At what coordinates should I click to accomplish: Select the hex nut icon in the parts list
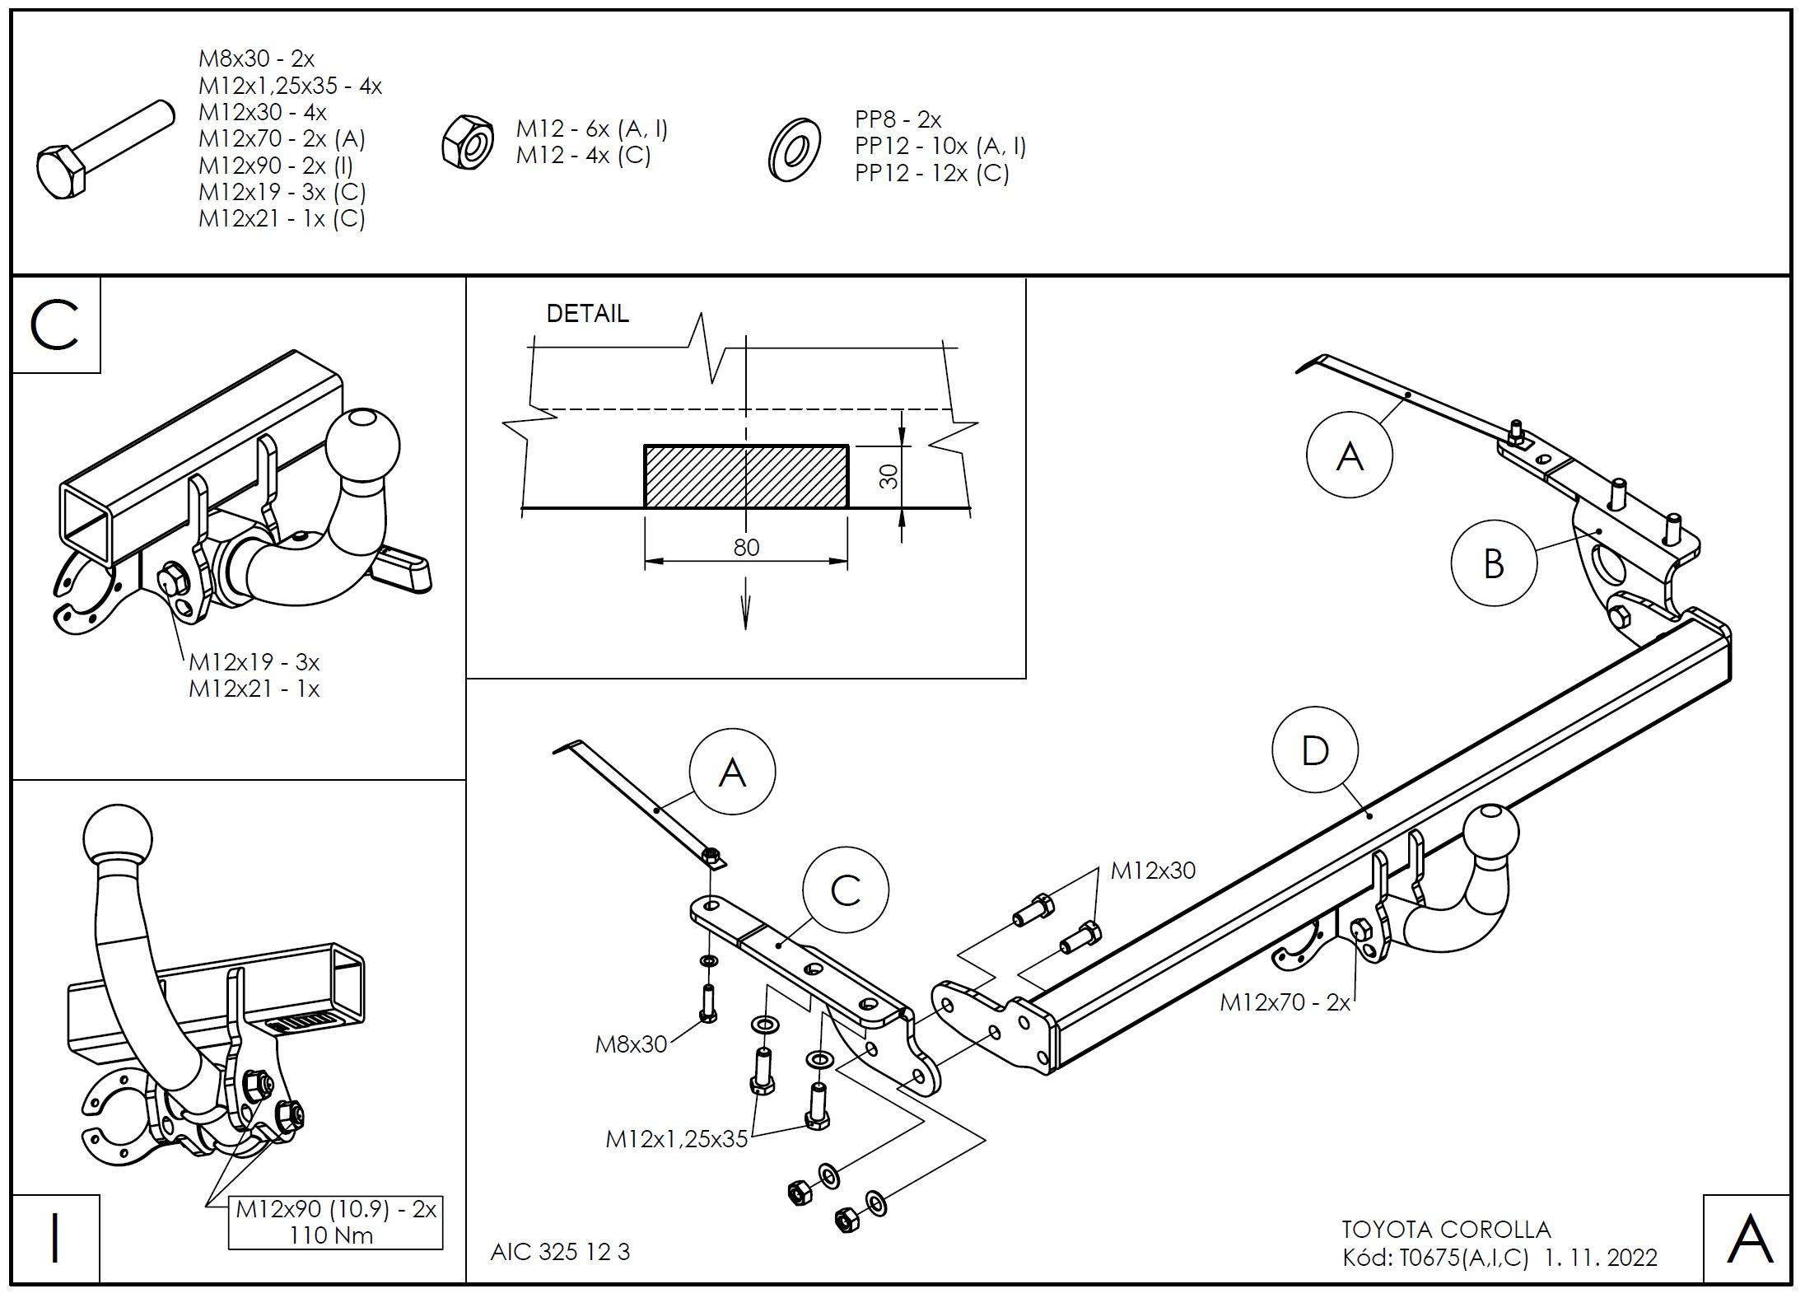(468, 141)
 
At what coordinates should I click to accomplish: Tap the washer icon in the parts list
(794, 149)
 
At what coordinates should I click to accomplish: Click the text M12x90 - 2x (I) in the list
(275, 166)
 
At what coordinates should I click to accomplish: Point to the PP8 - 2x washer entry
(898, 119)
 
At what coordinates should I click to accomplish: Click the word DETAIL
(587, 314)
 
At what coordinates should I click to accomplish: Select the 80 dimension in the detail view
(746, 548)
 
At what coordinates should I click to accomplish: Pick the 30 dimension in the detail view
(889, 476)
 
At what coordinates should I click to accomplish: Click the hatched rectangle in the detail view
(745, 476)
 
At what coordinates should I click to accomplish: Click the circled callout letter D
(1315, 750)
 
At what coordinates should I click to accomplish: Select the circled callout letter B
(1493, 564)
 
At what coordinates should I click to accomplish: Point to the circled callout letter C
(846, 890)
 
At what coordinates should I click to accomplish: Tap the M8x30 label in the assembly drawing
(631, 1044)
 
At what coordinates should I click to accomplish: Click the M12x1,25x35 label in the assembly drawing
(676, 1139)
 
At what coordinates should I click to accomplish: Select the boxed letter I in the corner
(56, 1238)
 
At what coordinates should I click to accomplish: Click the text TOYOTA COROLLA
(1446, 1230)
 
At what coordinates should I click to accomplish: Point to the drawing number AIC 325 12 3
(560, 1252)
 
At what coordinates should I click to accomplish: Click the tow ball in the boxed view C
(362, 446)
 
